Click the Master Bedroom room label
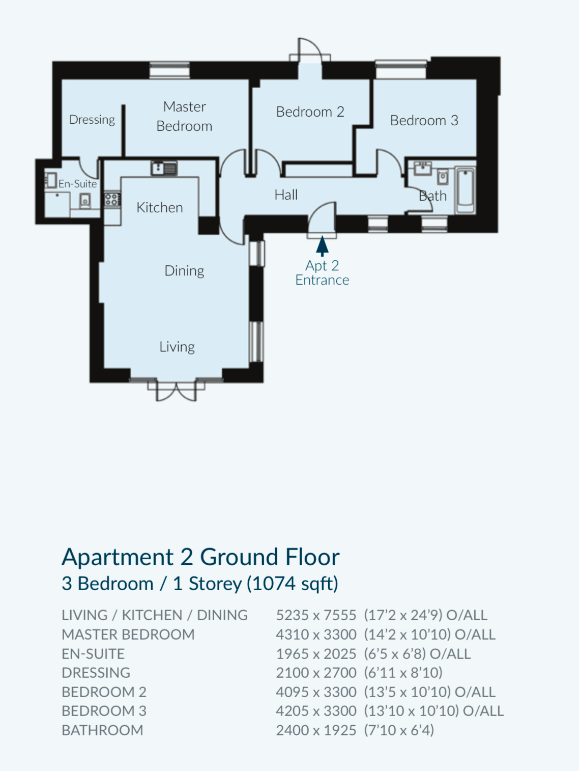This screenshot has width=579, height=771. [184, 116]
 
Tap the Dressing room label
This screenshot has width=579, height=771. [92, 120]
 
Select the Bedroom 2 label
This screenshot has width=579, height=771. [310, 112]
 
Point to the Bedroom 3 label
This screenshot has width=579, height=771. [424, 121]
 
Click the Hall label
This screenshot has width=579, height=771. [286, 195]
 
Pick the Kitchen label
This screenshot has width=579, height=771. [160, 208]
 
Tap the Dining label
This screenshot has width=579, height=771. [184, 271]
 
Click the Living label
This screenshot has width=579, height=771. [177, 347]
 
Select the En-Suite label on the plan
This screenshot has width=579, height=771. [77, 184]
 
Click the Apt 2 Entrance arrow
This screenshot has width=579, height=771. [322, 246]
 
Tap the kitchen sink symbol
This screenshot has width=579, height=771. [164, 168]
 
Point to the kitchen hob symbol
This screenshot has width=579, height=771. [112, 199]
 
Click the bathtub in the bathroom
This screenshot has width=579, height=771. [466, 190]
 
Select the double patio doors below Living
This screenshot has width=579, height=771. [176, 390]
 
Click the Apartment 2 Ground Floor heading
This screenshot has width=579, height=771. [201, 557]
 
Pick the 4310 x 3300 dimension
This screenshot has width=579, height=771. [316, 635]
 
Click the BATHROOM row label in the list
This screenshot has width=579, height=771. [102, 730]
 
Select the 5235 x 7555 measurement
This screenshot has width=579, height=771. [316, 615]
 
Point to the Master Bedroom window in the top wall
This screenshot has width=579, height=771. [169, 70]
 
